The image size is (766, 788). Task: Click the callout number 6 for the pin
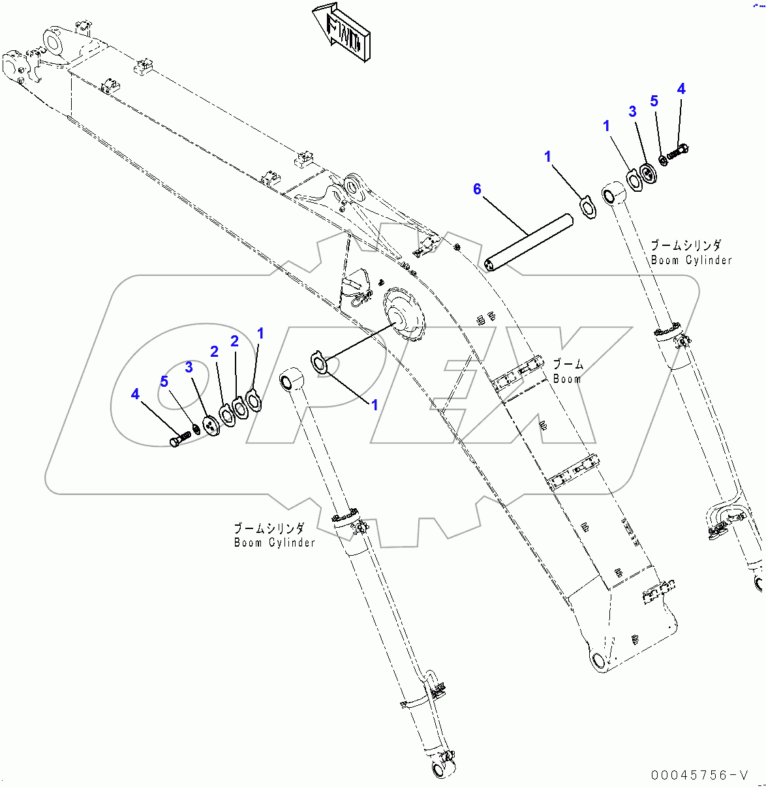(477, 189)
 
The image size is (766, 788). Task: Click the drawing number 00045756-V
(699, 775)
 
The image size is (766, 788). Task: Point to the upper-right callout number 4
(681, 89)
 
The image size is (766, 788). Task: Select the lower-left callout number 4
(135, 394)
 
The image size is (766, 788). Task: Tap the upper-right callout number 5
(654, 101)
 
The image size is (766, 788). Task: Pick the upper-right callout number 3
(632, 112)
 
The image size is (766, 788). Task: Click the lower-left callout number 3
(189, 367)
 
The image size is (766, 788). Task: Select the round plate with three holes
(210, 426)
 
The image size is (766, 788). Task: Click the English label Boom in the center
(566, 379)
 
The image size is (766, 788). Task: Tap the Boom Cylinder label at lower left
(274, 543)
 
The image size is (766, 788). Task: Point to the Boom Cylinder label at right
(691, 260)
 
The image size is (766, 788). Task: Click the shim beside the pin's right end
(589, 207)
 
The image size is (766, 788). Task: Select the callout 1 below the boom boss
(375, 405)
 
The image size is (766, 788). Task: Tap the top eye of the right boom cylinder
(613, 192)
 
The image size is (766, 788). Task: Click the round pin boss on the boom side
(401, 315)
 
